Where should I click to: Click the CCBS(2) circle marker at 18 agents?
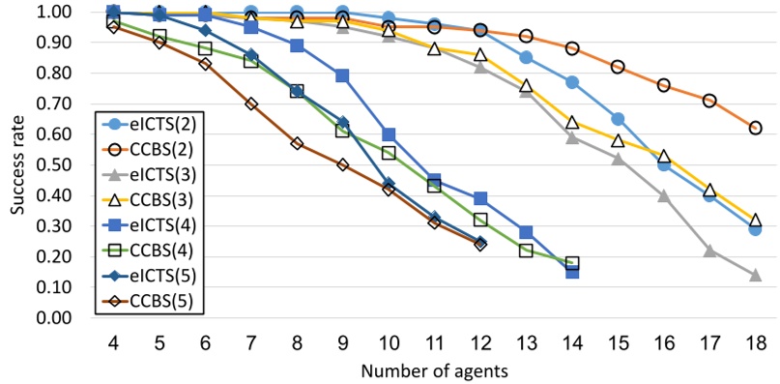[755, 128]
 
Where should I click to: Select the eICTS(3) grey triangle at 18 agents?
[755, 275]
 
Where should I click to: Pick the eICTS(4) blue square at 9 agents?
[342, 75]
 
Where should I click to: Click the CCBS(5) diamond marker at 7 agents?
[250, 103]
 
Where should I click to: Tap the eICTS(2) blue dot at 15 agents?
[618, 119]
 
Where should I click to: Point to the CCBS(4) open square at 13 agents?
[526, 251]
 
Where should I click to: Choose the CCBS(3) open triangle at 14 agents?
[572, 122]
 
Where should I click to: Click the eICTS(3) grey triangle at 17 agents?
[709, 251]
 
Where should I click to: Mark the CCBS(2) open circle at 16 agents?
[663, 85]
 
